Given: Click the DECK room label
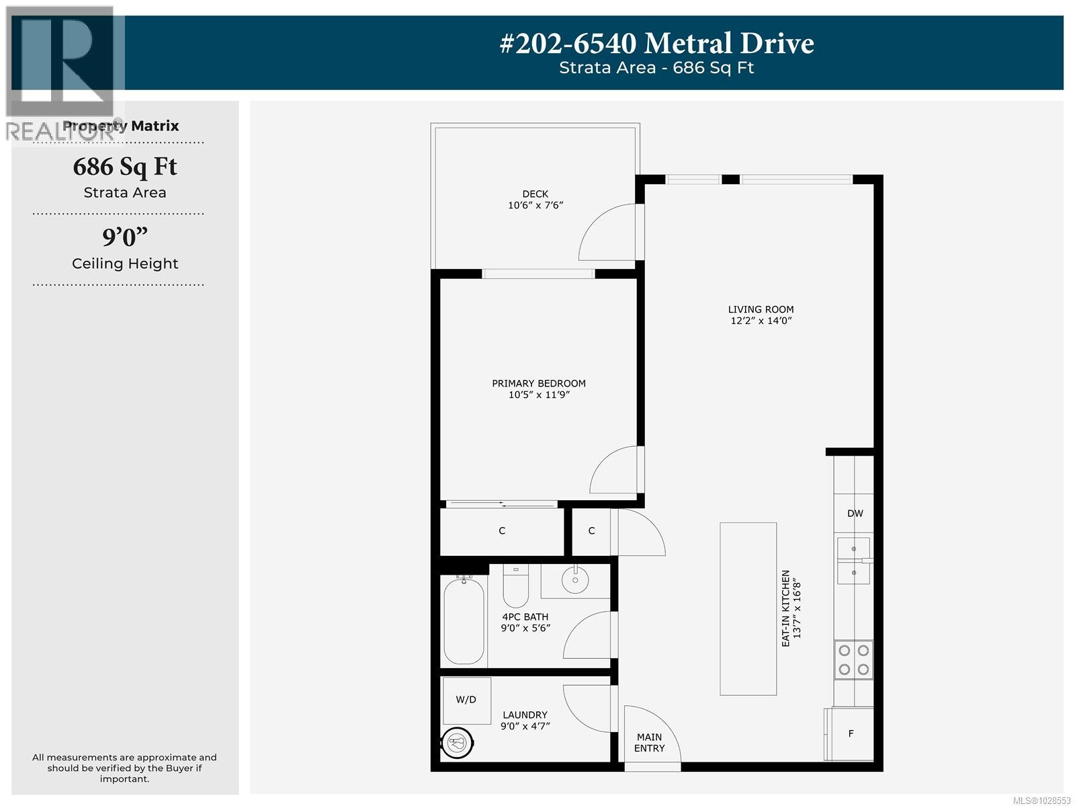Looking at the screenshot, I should click(x=535, y=194).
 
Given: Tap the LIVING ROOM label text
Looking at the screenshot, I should click(x=761, y=309).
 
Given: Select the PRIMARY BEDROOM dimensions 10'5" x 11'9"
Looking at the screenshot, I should click(x=539, y=395).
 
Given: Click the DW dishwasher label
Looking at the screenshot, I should click(x=855, y=514).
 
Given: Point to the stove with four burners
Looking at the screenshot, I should click(x=853, y=659).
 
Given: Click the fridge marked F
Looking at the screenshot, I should click(x=851, y=733).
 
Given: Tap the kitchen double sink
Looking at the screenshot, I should click(x=853, y=561).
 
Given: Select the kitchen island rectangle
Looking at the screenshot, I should click(x=748, y=608).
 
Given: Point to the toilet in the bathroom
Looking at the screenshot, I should click(x=515, y=585).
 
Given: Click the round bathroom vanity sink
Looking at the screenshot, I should click(x=575, y=580).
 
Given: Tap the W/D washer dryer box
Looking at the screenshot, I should click(x=466, y=700).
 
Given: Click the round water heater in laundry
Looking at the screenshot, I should click(x=458, y=743).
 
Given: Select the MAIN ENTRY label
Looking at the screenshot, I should click(x=649, y=742).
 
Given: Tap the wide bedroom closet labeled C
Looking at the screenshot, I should click(x=501, y=531).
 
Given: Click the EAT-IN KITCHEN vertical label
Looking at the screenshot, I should click(x=791, y=608).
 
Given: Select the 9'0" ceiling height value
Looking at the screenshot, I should click(x=125, y=237).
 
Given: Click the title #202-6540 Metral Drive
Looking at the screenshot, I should click(x=656, y=44).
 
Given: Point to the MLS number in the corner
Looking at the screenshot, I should click(x=1041, y=800).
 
